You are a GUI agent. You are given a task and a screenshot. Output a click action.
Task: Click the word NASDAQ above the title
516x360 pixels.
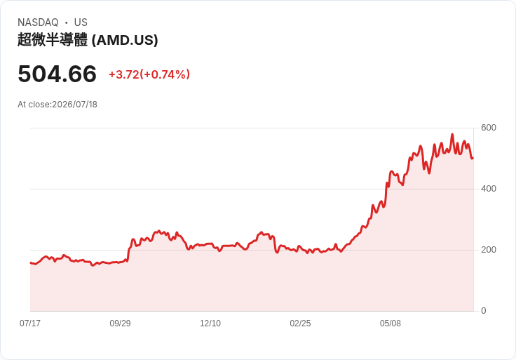click(38, 22)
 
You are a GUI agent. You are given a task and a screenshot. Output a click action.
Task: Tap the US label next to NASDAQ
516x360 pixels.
click(81, 22)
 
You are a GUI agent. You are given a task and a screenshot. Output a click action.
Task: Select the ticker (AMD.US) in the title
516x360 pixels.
click(125, 40)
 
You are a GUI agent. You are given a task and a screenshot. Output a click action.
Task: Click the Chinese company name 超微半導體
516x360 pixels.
click(53, 40)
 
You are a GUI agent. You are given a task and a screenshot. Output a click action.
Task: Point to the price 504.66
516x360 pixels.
click(57, 74)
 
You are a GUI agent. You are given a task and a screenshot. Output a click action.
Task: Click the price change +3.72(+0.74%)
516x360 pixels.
click(149, 74)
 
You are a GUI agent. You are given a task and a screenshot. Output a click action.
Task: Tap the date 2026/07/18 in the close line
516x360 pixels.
click(75, 105)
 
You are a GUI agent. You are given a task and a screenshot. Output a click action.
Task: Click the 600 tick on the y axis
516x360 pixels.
click(489, 128)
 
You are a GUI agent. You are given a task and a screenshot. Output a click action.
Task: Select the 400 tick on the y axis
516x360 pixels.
click(489, 189)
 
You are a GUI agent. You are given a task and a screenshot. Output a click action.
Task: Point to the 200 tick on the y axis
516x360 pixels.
click(489, 250)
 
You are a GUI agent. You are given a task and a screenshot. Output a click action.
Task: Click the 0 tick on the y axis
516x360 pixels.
click(484, 311)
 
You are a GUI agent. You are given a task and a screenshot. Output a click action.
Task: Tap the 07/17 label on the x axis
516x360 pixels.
click(30, 323)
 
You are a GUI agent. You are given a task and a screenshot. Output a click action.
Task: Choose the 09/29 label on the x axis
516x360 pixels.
click(120, 323)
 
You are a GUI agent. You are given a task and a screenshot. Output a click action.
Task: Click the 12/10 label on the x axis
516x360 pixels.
click(210, 323)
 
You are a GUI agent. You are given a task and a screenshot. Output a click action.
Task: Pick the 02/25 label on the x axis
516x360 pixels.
click(300, 323)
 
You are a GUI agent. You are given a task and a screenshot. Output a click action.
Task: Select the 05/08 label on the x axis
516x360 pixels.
click(391, 323)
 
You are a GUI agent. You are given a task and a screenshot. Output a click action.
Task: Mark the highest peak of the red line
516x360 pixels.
click(452, 134)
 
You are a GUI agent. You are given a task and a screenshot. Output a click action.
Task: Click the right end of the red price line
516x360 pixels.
click(473, 159)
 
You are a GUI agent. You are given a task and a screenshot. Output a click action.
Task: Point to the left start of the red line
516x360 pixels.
click(31, 263)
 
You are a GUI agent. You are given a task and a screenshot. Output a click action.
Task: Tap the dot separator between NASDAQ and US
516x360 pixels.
click(67, 22)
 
